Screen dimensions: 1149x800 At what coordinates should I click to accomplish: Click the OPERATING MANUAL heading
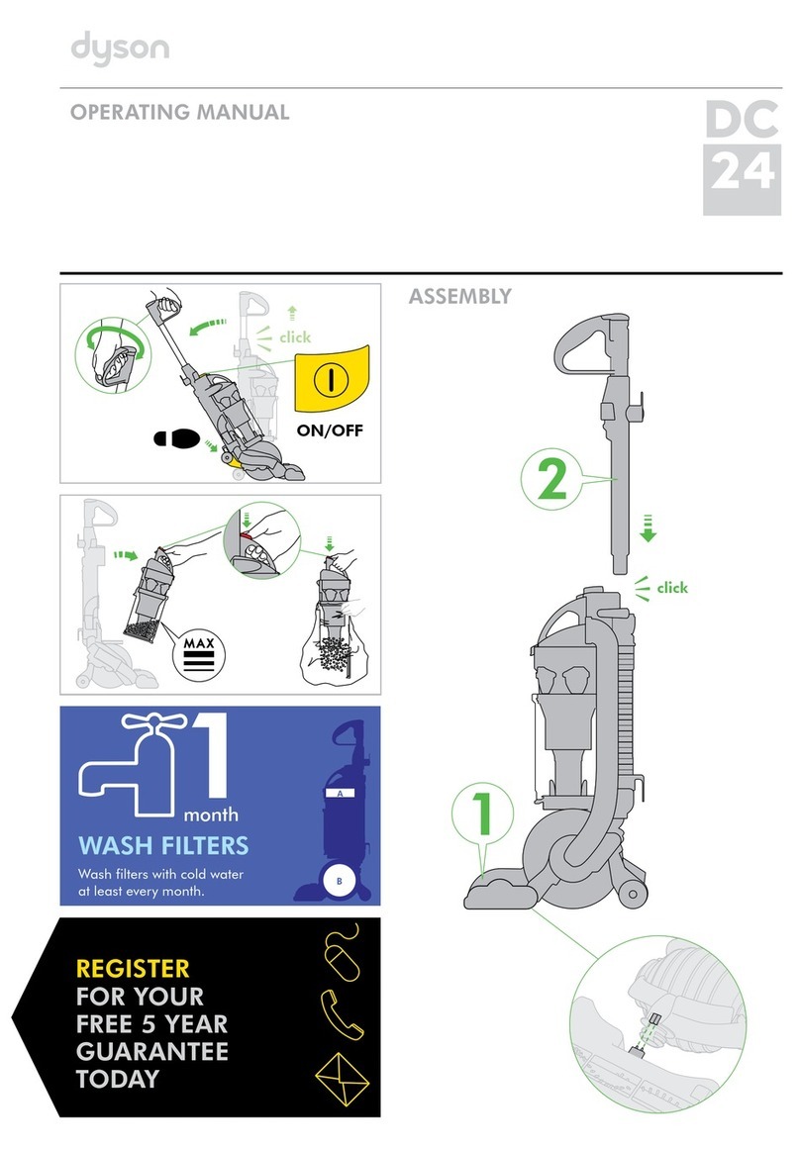(179, 112)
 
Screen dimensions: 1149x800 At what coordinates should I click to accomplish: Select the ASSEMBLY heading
(459, 295)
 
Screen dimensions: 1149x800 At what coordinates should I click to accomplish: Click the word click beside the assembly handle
(671, 588)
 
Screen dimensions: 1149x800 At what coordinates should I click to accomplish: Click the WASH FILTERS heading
(163, 846)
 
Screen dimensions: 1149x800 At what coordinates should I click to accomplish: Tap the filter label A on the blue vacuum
(340, 795)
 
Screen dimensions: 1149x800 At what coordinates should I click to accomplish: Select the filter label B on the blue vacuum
(340, 881)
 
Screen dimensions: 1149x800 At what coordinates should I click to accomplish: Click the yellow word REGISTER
(133, 968)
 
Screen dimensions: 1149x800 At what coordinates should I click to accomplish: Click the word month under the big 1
(210, 815)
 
